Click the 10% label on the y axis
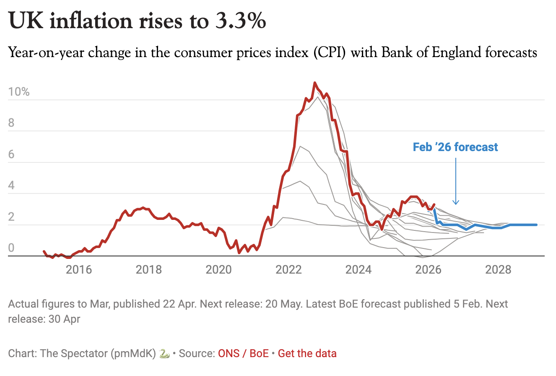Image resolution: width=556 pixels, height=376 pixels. pyautogui.click(x=19, y=92)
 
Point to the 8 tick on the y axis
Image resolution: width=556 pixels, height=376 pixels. pyautogui.click(x=11, y=123)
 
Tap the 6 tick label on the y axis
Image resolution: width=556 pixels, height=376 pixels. pyautogui.click(x=11, y=154)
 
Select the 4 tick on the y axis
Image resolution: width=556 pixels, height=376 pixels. pyautogui.click(x=11, y=185)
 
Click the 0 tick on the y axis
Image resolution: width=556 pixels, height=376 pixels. pyautogui.click(x=11, y=248)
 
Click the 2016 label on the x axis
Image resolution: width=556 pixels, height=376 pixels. pyautogui.click(x=79, y=269)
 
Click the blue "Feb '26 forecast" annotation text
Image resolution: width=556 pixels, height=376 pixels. pyautogui.click(x=455, y=147)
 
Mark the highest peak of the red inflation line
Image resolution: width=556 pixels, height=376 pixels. pyautogui.click(x=315, y=83)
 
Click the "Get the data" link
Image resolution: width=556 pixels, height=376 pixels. pyautogui.click(x=307, y=353)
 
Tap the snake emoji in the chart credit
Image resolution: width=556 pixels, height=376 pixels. pyautogui.click(x=165, y=353)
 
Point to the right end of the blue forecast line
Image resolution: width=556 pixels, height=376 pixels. pyautogui.click(x=536, y=225)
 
